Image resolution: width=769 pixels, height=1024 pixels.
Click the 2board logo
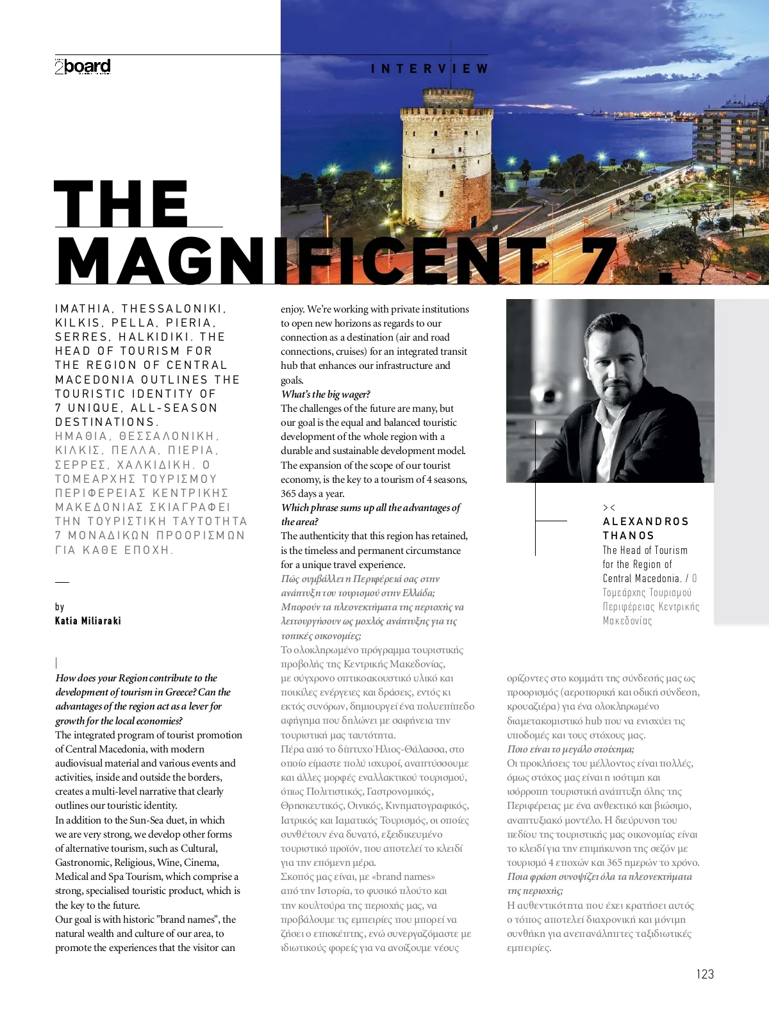tap(83, 67)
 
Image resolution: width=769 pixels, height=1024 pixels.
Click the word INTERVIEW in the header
tap(429, 69)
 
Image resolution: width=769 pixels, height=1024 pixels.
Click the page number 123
tap(704, 974)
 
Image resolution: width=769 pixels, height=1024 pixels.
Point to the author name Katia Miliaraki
tap(88, 621)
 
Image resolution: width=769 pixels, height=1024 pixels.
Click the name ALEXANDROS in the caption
tap(645, 521)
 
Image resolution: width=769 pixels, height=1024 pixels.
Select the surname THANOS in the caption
tap(628, 535)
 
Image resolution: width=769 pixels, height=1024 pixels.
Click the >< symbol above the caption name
tap(609, 507)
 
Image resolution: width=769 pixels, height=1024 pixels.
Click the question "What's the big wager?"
tap(326, 394)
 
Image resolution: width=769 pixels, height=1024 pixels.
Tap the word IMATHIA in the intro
tap(83, 309)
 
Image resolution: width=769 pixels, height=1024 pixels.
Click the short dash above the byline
tap(62, 582)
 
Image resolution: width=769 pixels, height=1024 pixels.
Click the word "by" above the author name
tap(60, 606)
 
